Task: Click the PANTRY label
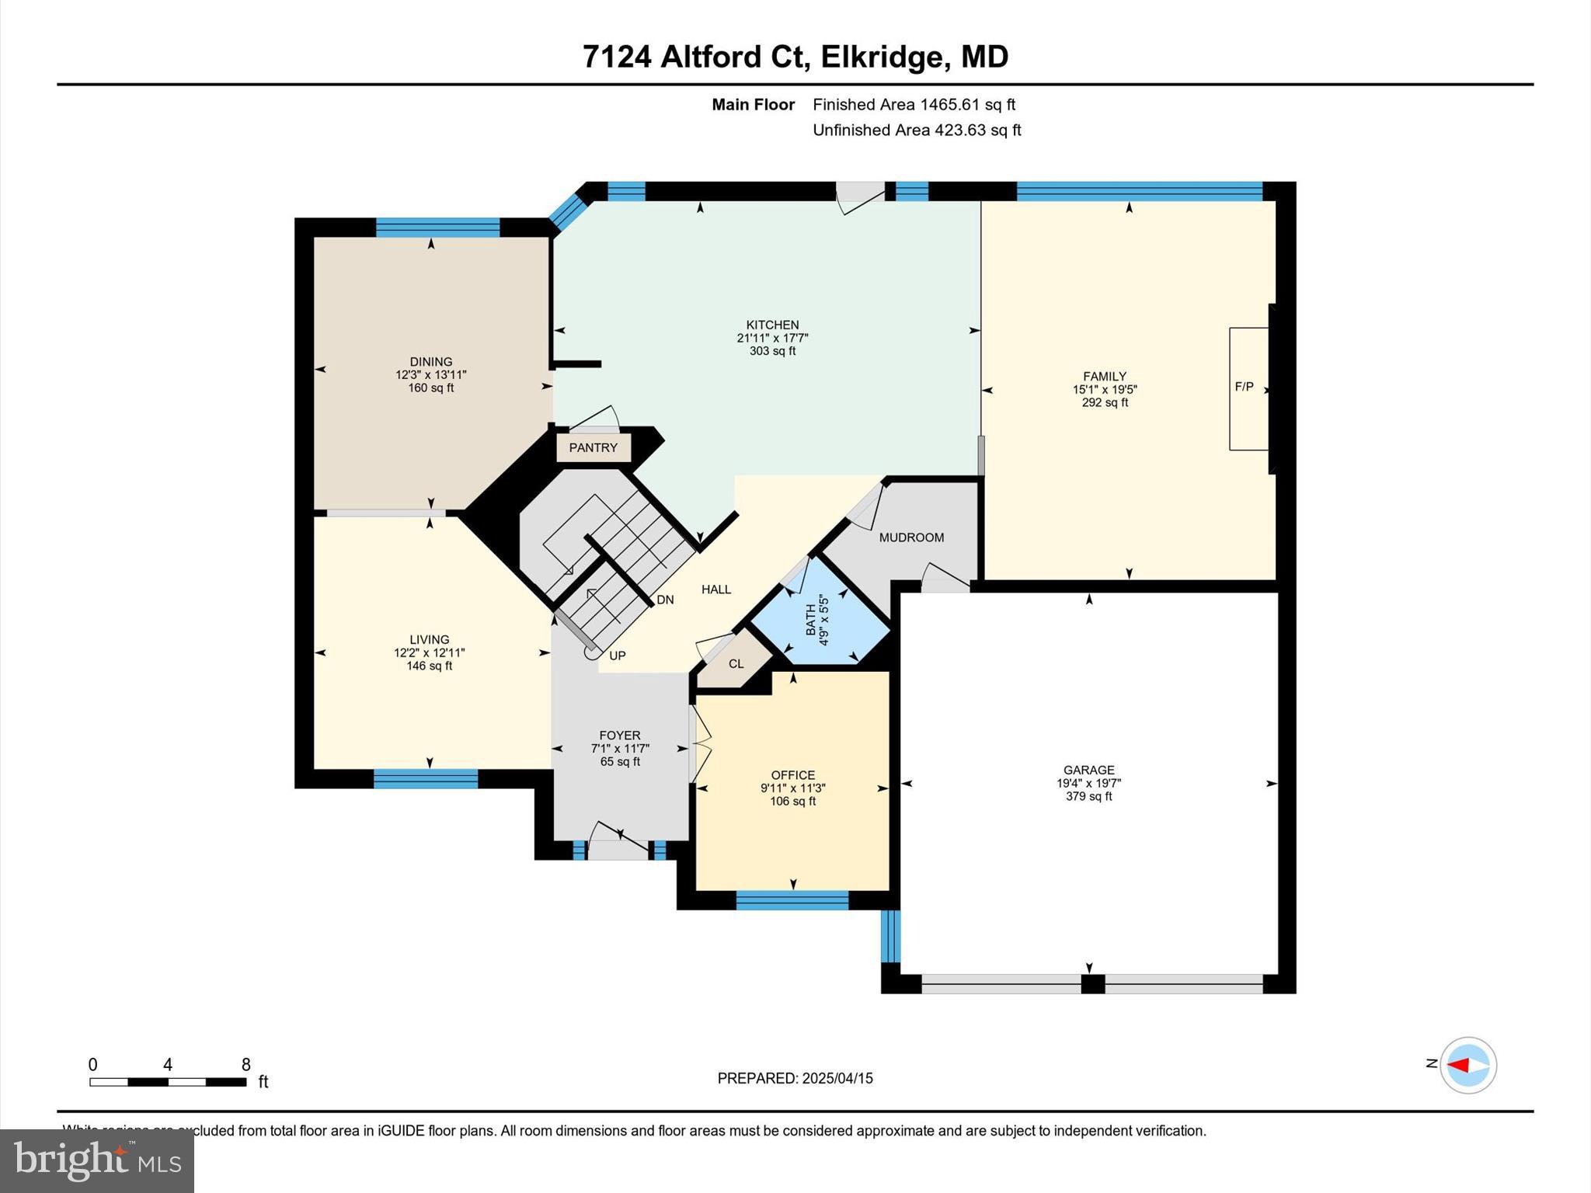point(593,448)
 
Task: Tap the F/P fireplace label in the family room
point(1244,387)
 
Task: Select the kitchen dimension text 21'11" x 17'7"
point(772,338)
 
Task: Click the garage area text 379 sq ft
point(1088,796)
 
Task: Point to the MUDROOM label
point(911,537)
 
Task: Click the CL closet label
point(736,664)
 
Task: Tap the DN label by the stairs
point(665,600)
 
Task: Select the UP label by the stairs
point(617,656)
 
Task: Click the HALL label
point(715,590)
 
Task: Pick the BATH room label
point(811,620)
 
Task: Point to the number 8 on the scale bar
point(246,1065)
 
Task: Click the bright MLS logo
point(96,1160)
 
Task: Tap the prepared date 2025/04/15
point(837,1078)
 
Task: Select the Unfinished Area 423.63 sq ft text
point(917,130)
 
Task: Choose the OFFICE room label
point(792,775)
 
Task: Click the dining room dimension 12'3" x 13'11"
point(430,375)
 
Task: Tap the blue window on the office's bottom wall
point(792,901)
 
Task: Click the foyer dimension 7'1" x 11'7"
point(619,749)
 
